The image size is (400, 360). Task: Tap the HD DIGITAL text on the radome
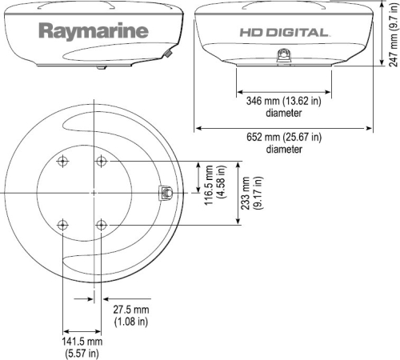(x=283, y=33)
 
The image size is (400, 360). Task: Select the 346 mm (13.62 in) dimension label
(x=283, y=102)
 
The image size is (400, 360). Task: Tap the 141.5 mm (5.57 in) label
(x=82, y=346)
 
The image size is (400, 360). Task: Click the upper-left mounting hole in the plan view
(x=63, y=162)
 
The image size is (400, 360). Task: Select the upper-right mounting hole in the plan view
(x=102, y=162)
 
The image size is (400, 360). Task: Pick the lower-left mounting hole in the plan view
(x=63, y=225)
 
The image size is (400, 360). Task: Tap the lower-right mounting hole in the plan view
(x=102, y=225)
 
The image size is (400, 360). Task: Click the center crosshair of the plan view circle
(x=94, y=193)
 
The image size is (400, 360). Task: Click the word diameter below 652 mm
(x=283, y=150)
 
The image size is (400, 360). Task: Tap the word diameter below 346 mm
(x=283, y=113)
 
